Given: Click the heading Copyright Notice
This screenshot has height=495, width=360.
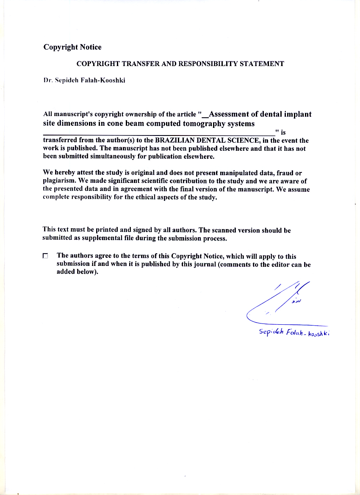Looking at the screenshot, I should point(72,47).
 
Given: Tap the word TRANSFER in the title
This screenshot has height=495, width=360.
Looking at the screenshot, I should point(141,64).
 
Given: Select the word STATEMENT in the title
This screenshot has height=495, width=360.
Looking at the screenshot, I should point(262,64).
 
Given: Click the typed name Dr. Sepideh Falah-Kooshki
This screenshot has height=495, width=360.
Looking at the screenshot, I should point(84,80).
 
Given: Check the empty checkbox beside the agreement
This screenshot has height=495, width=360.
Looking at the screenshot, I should point(45,256).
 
